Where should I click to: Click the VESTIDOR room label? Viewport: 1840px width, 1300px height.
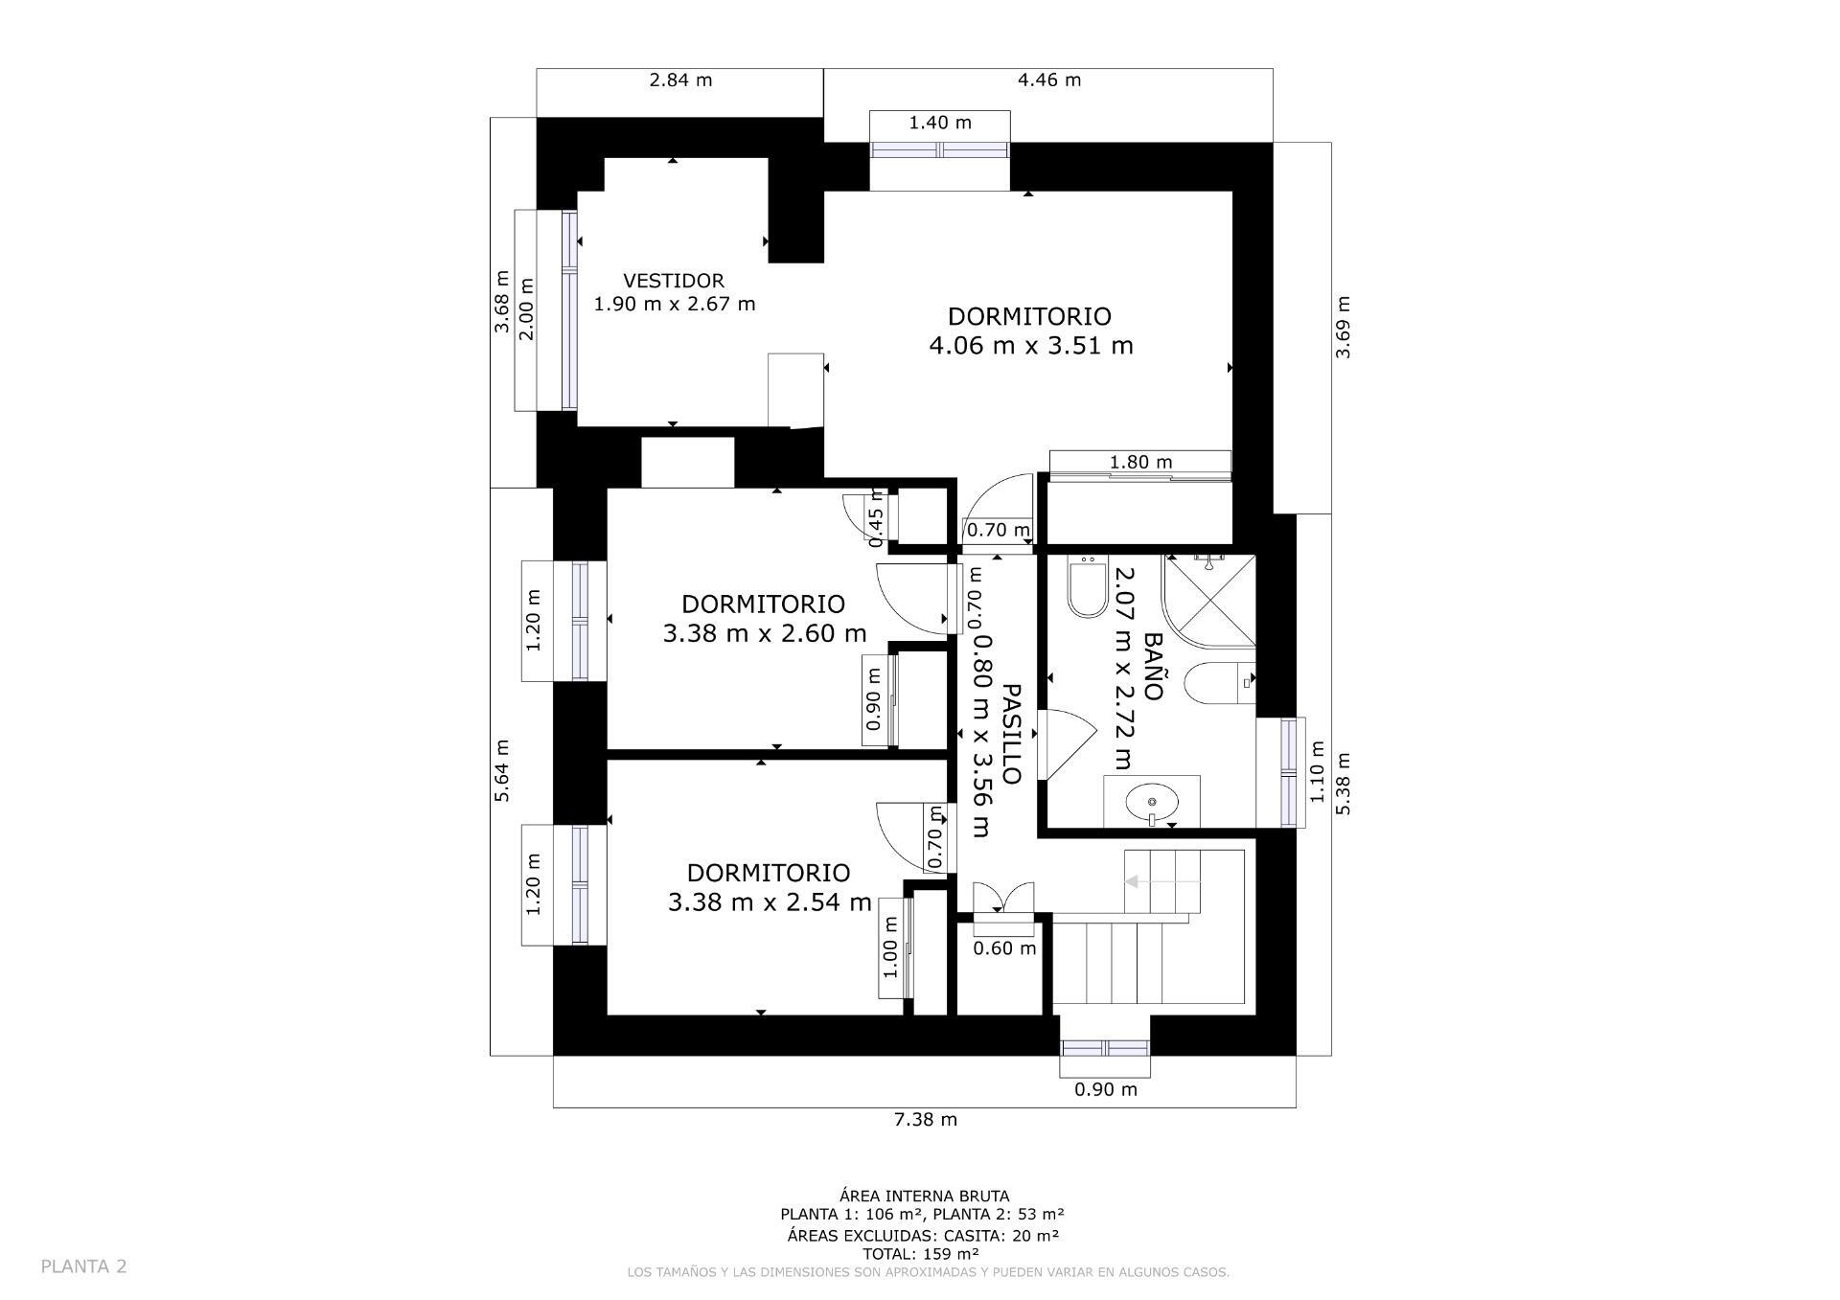click(674, 281)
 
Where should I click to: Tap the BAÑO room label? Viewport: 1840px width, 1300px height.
click(1153, 666)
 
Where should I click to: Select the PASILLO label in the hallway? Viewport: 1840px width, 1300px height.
click(1012, 734)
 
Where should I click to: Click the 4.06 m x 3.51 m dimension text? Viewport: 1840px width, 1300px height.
click(1031, 345)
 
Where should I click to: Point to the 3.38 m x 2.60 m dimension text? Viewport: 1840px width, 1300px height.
click(765, 633)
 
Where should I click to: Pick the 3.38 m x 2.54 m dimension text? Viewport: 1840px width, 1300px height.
click(770, 902)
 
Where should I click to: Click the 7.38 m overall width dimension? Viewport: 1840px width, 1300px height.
click(926, 1119)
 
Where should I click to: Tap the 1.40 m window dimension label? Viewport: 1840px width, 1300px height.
click(940, 123)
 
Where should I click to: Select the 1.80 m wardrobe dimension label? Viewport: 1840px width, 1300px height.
click(1140, 462)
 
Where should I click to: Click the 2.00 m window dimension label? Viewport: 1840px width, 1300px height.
click(526, 308)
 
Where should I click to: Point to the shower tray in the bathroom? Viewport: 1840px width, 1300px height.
click(1209, 600)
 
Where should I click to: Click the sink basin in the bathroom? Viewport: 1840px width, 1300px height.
click(1151, 802)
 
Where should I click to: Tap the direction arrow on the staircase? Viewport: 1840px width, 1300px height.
click(1161, 881)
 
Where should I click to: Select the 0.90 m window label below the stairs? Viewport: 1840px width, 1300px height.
click(1106, 1089)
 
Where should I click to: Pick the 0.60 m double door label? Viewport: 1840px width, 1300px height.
click(1004, 948)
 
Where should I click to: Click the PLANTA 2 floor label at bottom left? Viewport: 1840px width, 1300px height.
click(83, 1266)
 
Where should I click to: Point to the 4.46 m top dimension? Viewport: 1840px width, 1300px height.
click(1049, 80)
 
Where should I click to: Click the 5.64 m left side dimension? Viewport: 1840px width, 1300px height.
click(502, 770)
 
